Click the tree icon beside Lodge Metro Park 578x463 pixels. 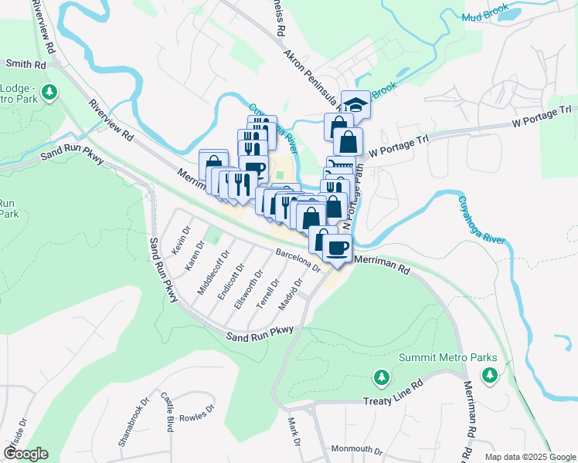pyautogui.click(x=50, y=93)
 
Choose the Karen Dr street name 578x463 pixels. pyautogui.click(x=194, y=254)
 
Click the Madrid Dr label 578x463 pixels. pyautogui.click(x=288, y=295)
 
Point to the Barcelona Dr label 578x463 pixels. pyautogui.click(x=298, y=260)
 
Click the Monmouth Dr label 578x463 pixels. pyautogui.click(x=356, y=450)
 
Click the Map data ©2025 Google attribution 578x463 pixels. pyautogui.click(x=529, y=457)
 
